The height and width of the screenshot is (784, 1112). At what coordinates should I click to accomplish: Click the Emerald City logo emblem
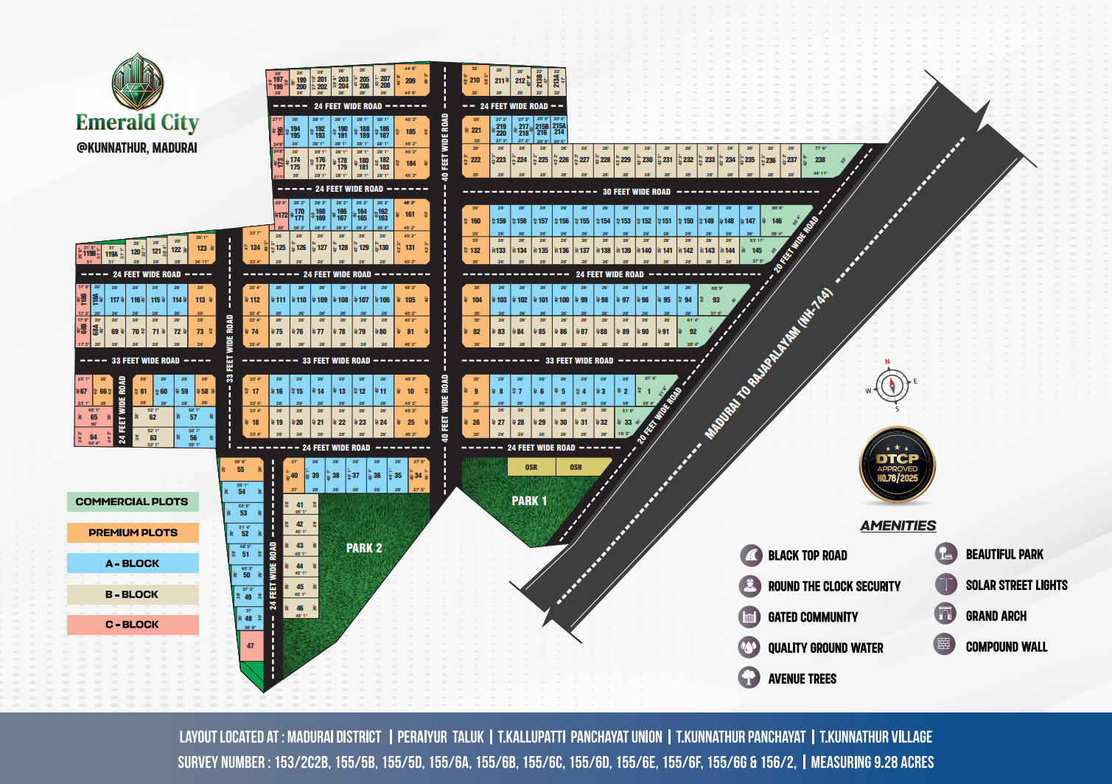(x=137, y=82)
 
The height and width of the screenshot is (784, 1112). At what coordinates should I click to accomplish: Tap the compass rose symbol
(x=892, y=386)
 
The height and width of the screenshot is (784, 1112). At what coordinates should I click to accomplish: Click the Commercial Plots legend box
(x=133, y=502)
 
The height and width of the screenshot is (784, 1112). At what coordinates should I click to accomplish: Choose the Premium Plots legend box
(x=133, y=533)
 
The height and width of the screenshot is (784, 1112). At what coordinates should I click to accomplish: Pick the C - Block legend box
(x=133, y=625)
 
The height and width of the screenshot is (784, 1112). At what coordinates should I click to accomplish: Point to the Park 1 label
(x=529, y=501)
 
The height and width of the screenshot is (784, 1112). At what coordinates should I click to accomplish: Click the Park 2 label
(x=364, y=548)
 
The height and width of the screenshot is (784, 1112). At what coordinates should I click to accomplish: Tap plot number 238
(x=820, y=159)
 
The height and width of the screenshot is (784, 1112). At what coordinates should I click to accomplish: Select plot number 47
(x=251, y=646)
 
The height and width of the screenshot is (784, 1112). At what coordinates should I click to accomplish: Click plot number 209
(x=410, y=81)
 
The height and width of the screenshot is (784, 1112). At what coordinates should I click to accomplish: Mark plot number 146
(x=777, y=221)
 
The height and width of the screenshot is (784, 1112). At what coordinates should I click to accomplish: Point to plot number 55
(x=241, y=469)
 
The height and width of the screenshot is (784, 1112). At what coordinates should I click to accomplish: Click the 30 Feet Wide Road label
(x=637, y=192)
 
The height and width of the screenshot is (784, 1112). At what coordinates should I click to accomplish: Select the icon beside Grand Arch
(x=945, y=614)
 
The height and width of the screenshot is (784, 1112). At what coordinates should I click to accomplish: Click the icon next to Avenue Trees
(x=749, y=677)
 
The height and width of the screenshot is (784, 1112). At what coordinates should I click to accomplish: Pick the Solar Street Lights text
(x=1016, y=585)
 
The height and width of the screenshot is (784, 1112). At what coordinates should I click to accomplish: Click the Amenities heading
(x=898, y=525)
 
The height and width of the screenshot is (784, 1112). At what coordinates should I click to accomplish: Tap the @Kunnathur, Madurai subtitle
(x=137, y=148)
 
